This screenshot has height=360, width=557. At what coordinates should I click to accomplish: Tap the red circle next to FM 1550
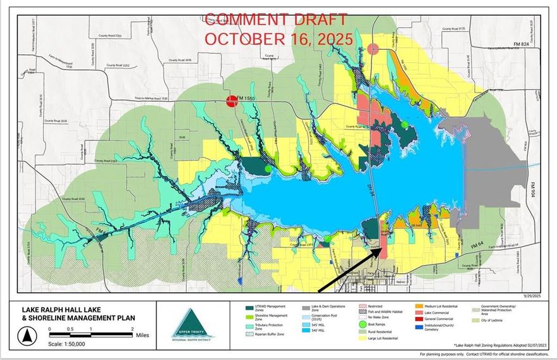(232, 100)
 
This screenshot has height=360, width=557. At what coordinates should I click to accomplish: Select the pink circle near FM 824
(373, 48)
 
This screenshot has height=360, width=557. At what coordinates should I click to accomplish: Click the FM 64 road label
(479, 244)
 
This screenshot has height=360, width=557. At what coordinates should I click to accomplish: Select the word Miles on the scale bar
(142, 336)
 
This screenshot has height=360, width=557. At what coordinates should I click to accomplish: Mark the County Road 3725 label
(453, 29)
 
